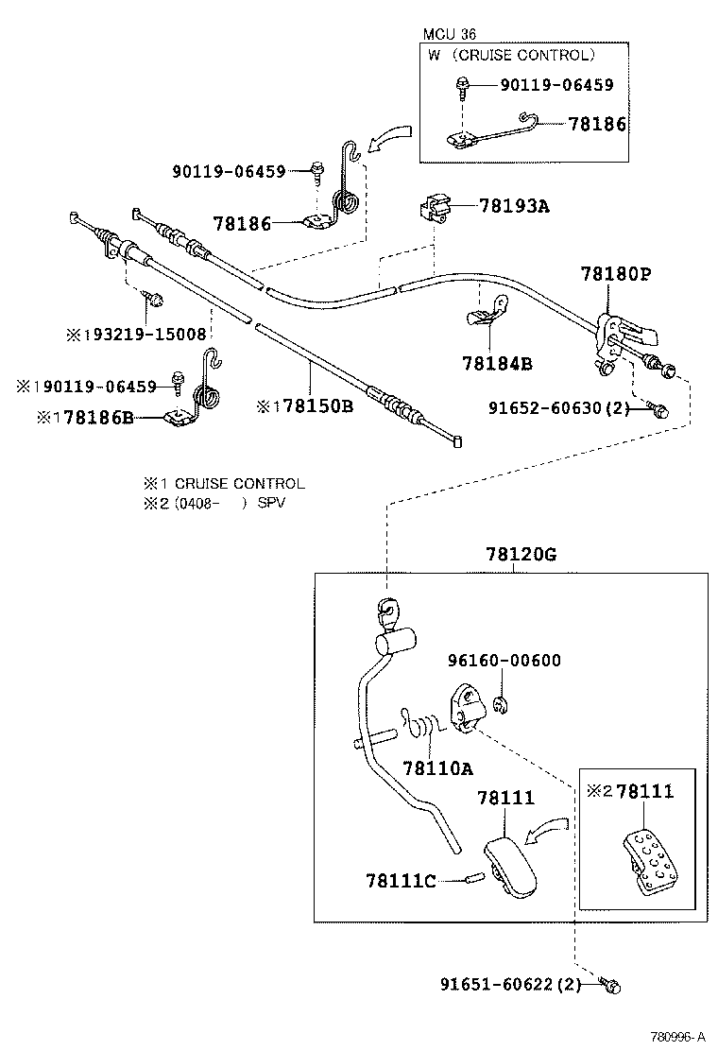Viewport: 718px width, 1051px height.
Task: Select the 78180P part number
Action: click(x=616, y=274)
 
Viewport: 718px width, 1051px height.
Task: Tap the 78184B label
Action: click(x=497, y=362)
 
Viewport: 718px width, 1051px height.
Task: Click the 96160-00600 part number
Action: click(x=504, y=661)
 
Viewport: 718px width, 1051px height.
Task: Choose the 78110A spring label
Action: click(x=437, y=767)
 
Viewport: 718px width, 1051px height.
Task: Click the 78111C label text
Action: click(x=401, y=881)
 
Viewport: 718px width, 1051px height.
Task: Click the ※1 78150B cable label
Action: click(x=304, y=406)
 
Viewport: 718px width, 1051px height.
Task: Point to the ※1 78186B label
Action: click(x=85, y=416)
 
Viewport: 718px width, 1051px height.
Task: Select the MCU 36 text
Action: click(x=450, y=34)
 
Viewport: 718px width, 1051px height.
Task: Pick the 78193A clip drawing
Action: click(x=436, y=208)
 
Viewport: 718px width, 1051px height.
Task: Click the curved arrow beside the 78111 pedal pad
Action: click(x=546, y=830)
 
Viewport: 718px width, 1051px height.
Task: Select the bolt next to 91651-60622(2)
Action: click(x=609, y=986)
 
